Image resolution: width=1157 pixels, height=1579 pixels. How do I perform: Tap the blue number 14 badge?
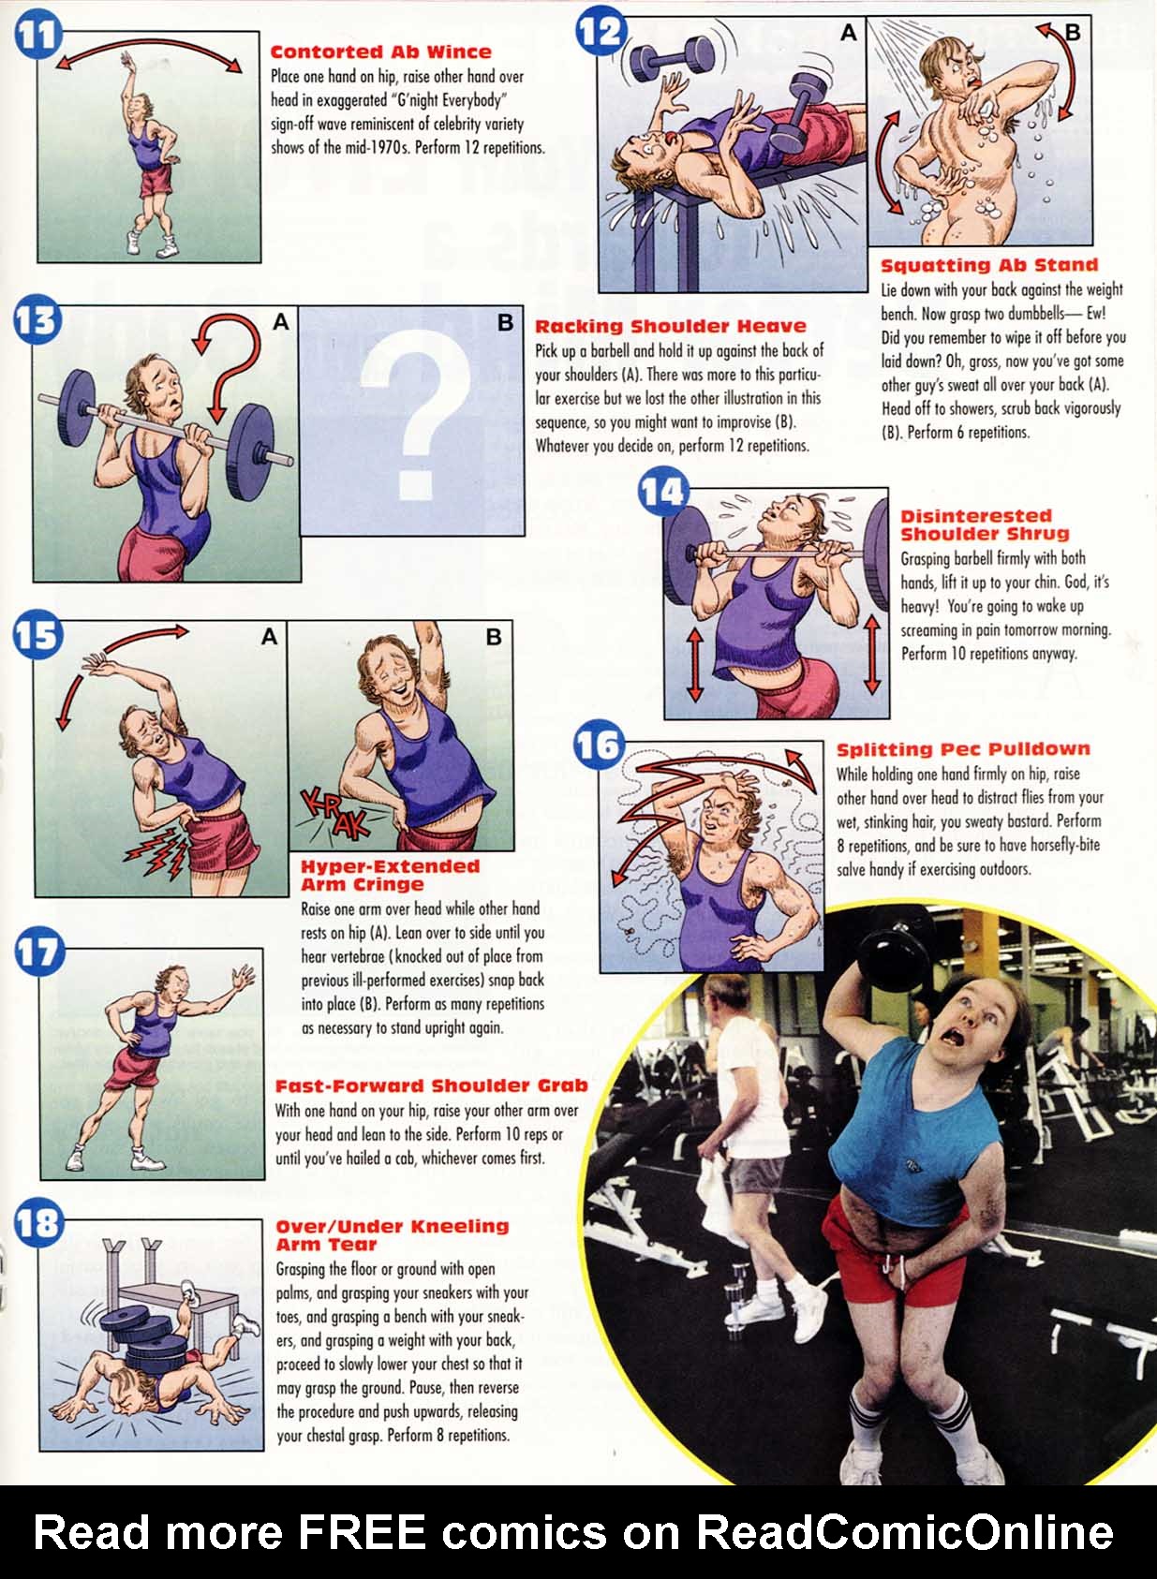coord(663,492)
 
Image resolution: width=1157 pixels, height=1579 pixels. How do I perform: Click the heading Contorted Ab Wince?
coord(380,52)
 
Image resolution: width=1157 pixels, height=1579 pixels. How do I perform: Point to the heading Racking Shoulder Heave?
coord(671,326)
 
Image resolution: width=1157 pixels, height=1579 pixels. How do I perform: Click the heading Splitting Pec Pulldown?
coord(963,749)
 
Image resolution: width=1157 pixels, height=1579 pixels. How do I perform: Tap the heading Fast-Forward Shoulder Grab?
coord(431,1085)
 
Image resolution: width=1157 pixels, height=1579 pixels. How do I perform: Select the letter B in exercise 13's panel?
coord(506,323)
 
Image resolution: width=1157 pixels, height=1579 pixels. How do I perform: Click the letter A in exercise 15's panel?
coord(269,637)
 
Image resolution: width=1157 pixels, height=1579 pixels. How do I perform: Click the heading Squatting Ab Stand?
coord(989,265)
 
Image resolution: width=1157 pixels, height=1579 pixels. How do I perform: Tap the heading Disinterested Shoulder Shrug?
coord(985,525)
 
